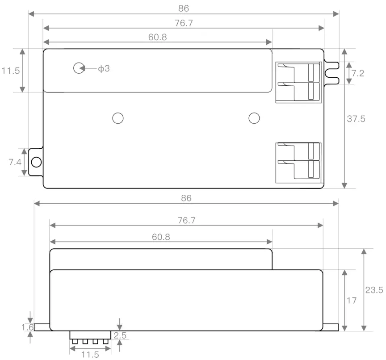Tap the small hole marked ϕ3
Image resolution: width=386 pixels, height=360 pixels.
pyautogui.click(x=79, y=68)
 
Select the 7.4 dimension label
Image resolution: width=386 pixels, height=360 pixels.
pyautogui.click(x=15, y=162)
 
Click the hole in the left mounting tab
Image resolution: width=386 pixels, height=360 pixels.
pyautogui.click(x=36, y=162)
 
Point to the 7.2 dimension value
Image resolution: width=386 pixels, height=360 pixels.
pyautogui.click(x=357, y=73)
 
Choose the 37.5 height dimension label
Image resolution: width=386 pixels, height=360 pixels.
pyautogui.click(x=356, y=119)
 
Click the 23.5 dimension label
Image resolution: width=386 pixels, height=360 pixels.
pyautogui.click(x=374, y=290)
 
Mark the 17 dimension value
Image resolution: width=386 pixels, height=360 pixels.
pyautogui.click(x=352, y=301)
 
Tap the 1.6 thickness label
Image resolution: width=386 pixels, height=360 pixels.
pyautogui.click(x=28, y=327)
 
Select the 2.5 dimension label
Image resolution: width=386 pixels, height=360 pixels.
pyautogui.click(x=119, y=335)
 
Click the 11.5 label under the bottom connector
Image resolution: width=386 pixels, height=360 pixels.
pyautogui.click(x=90, y=355)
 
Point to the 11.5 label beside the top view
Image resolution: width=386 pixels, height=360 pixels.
pyautogui.click(x=10, y=71)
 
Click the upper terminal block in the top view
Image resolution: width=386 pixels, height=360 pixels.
pyautogui.click(x=298, y=82)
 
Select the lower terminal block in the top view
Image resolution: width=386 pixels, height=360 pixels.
pyautogui.click(x=298, y=163)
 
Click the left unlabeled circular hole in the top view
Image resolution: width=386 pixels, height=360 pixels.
pyautogui.click(x=117, y=118)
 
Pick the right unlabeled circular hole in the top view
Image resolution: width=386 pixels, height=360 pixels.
pyautogui.click(x=254, y=118)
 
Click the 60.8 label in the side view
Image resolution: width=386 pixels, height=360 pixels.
pyautogui.click(x=161, y=237)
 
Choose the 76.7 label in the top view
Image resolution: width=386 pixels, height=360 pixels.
pyautogui.click(x=184, y=23)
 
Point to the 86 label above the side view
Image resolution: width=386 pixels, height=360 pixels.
pyautogui.click(x=186, y=198)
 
